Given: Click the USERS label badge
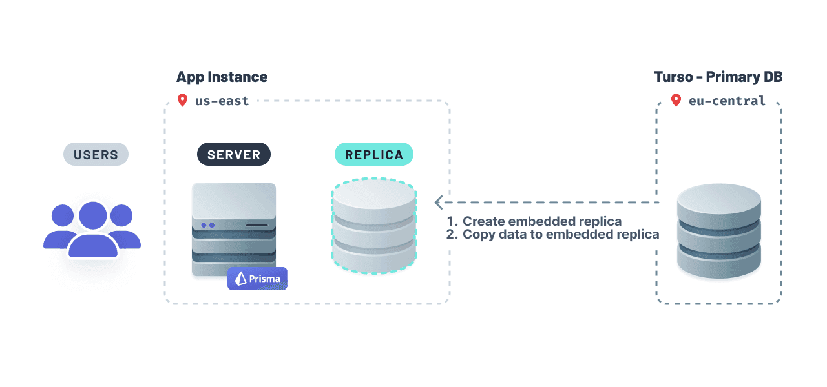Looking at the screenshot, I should point(96,155).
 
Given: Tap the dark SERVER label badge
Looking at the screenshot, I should point(234,155).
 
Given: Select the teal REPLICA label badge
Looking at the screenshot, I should point(373,155).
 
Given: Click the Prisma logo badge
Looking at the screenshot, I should point(257,279).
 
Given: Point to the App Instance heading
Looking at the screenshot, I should point(222,77).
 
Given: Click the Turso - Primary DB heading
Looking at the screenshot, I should point(718,77).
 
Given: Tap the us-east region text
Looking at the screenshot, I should point(222,101).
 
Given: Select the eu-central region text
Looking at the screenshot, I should point(727,101).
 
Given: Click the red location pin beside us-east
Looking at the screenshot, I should point(182,101).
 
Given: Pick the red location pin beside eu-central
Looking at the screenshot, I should point(676,101).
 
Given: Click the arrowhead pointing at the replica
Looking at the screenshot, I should point(439,202).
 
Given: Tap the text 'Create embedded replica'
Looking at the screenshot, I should point(541,221).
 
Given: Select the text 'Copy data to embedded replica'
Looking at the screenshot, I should point(560,235).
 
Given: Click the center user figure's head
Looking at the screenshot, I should point(93,215).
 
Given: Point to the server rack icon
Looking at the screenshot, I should point(234,230).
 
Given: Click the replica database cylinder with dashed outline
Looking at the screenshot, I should point(373,226).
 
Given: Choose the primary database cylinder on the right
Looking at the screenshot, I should point(719,231).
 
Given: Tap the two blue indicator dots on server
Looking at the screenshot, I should point(207,225).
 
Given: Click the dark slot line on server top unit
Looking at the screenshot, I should point(256,225).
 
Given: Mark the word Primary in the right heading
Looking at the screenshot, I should point(731,77).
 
